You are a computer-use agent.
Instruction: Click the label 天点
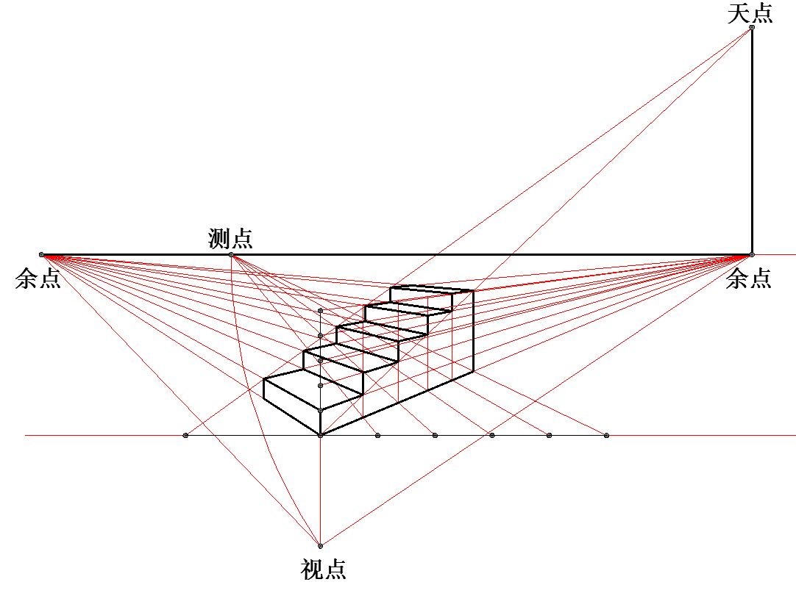[750, 12]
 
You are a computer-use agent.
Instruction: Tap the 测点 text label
[230, 238]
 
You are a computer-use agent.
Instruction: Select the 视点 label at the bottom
[324, 569]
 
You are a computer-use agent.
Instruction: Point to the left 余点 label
[38, 278]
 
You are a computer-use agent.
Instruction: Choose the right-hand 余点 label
[748, 278]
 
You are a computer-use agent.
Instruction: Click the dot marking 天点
[752, 27]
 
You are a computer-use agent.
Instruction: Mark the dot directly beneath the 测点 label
[231, 255]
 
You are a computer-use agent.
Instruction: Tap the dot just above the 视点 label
[320, 546]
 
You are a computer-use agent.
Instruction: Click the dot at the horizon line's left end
[42, 255]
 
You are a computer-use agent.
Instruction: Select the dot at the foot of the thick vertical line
[752, 255]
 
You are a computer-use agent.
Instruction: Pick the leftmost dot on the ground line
[185, 435]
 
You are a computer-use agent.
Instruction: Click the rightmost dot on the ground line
[606, 435]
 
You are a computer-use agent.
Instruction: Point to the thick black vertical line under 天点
[752, 141]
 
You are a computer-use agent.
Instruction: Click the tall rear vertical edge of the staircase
[473, 331]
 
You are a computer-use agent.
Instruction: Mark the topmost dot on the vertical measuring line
[320, 310]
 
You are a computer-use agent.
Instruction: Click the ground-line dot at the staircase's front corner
[320, 435]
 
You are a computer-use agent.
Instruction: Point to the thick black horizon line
[397, 255]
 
